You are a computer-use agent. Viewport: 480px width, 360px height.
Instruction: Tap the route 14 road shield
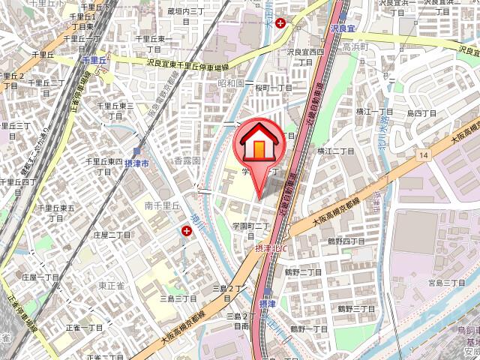tap(424, 154)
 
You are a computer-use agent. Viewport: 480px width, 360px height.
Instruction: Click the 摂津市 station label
tap(136, 163)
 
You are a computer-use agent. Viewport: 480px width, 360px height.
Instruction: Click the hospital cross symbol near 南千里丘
tap(185, 232)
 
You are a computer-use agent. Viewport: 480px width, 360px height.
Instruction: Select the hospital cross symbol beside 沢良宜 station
tap(280, 23)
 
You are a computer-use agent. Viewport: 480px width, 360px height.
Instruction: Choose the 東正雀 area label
tap(111, 285)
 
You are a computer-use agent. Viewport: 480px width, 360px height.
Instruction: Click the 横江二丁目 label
tap(335, 151)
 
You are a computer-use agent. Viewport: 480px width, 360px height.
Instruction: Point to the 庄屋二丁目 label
tap(112, 235)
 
